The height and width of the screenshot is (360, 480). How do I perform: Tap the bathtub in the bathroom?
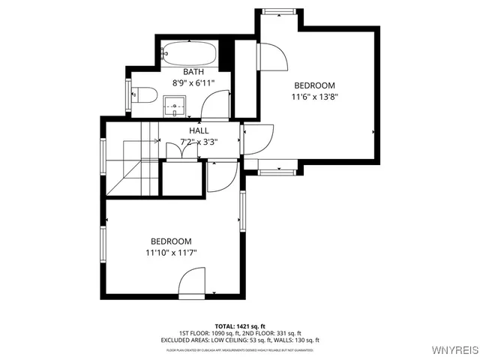click(x=190, y=54)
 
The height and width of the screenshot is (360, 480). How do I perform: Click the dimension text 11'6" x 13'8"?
click(x=314, y=97)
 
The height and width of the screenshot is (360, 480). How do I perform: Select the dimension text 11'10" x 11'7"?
click(x=171, y=253)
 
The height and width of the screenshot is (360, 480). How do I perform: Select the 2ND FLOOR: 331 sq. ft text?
click(x=274, y=333)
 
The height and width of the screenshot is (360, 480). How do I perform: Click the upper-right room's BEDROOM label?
click(x=314, y=85)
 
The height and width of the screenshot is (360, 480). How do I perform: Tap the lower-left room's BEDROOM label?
click(x=171, y=241)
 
